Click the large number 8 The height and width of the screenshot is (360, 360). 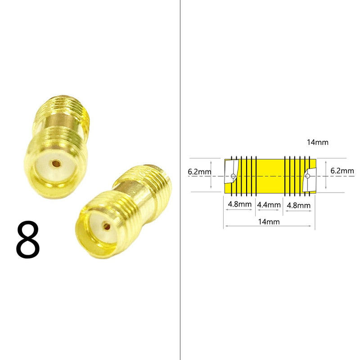click(x=28, y=239)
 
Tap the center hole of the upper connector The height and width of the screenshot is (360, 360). click(x=56, y=164)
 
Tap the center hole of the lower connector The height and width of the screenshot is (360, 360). click(x=107, y=227)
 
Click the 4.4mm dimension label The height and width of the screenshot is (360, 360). click(x=269, y=205)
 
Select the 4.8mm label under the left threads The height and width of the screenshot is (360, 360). click(x=239, y=204)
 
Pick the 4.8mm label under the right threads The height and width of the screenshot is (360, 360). click(x=298, y=205)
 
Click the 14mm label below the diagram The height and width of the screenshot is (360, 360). click(x=269, y=222)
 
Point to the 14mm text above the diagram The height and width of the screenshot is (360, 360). click(x=318, y=142)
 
